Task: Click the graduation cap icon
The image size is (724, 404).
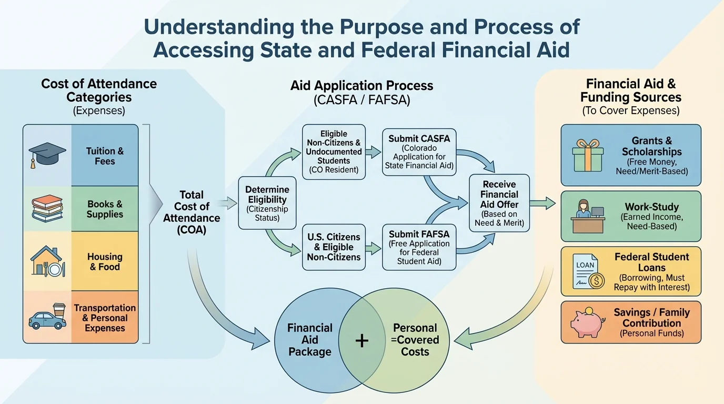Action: click(47, 155)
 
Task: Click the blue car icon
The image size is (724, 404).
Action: click(47, 317)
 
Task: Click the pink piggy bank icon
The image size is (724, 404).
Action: click(587, 322)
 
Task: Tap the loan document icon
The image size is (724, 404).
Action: click(588, 272)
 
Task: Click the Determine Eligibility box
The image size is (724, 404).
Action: click(267, 204)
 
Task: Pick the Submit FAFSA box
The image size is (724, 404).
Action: click(419, 247)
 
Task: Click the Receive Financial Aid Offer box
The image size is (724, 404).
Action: click(499, 204)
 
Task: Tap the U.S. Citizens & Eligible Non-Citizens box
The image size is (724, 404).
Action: click(334, 247)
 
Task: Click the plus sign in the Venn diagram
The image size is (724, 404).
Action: click(362, 341)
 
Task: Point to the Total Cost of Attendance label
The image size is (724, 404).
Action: click(192, 212)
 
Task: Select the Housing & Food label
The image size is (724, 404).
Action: click(105, 261)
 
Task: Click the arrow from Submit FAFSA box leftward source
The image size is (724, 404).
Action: click(374, 247)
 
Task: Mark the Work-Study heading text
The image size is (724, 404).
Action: click(651, 207)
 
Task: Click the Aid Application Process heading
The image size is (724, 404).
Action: click(362, 86)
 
